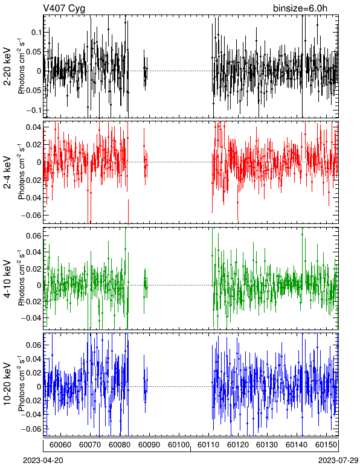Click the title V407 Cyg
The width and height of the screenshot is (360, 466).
click(x=64, y=8)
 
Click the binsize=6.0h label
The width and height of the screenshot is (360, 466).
click(x=300, y=8)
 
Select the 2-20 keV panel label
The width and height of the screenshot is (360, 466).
click(x=7, y=67)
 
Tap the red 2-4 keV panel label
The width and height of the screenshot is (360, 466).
click(x=7, y=173)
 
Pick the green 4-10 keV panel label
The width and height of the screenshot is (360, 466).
click(x=7, y=278)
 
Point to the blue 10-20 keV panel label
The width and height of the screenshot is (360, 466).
click(x=7, y=384)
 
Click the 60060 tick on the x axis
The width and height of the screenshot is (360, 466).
click(x=60, y=445)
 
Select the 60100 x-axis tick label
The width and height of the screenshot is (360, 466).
click(x=179, y=445)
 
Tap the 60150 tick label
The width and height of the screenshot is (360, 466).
click(x=326, y=445)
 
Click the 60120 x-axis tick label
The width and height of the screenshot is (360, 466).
click(x=238, y=445)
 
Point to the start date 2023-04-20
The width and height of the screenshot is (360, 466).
click(x=43, y=461)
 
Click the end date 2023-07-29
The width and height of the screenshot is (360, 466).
click(x=338, y=461)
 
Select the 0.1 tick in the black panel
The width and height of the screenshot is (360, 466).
click(x=36, y=32)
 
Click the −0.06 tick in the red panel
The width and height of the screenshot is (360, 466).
click(x=31, y=215)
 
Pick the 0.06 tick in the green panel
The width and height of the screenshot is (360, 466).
click(x=34, y=235)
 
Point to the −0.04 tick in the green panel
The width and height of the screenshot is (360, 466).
click(x=31, y=318)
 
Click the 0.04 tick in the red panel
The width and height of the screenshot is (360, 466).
click(x=34, y=127)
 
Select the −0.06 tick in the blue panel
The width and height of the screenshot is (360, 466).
click(x=31, y=429)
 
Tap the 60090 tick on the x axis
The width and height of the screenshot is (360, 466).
click(x=149, y=445)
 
